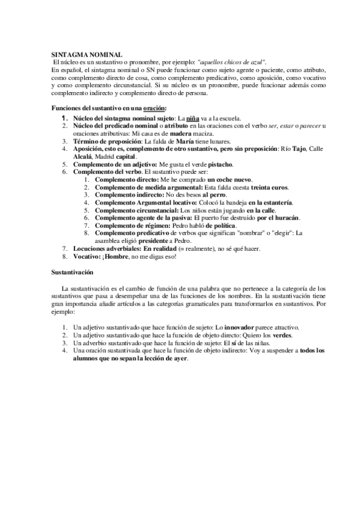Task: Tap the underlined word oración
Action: (x=154, y=108)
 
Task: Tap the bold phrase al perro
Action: (x=213, y=195)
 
